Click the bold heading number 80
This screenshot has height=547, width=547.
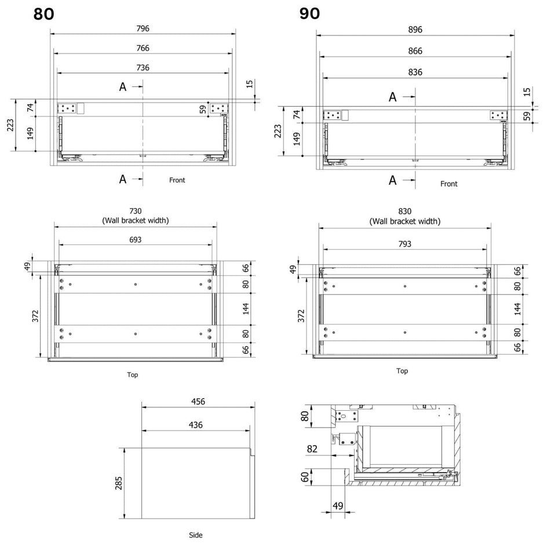(43, 14)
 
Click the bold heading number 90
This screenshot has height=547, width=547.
(309, 13)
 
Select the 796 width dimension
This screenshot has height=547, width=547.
(143, 28)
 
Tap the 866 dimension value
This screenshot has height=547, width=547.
(415, 51)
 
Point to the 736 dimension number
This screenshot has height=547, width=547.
(143, 67)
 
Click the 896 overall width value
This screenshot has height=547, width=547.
(415, 30)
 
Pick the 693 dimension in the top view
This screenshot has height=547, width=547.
(136, 240)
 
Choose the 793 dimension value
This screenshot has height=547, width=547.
(404, 244)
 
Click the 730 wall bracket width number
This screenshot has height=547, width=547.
(136, 211)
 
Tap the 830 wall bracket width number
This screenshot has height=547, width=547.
(404, 211)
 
